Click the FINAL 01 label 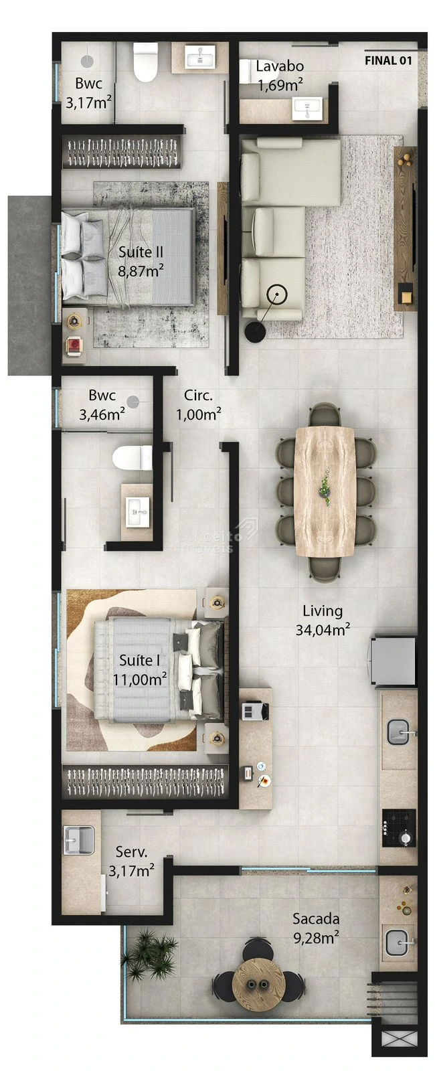[x=388, y=61]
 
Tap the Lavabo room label [x=280, y=66]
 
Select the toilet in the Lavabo [x=247, y=71]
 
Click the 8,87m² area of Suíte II [x=141, y=271]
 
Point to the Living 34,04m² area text [x=323, y=620]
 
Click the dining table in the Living [x=325, y=491]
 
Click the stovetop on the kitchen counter [x=399, y=827]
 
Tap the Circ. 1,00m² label [x=198, y=404]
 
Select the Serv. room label [x=131, y=851]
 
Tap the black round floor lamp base [x=255, y=331]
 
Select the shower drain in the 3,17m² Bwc [x=87, y=60]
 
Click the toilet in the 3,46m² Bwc [x=133, y=458]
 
